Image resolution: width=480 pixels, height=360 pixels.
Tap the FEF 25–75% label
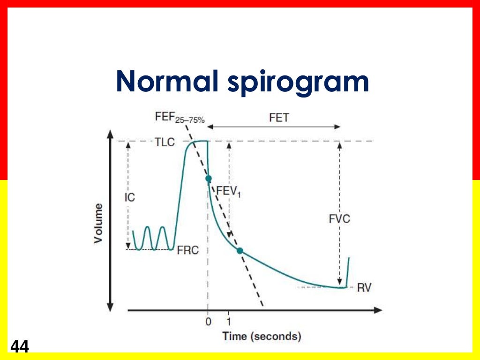(x=180, y=118)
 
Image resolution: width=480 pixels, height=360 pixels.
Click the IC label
(x=129, y=197)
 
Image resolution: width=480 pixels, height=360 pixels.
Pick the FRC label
(x=188, y=250)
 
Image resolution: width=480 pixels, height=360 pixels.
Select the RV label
(x=364, y=287)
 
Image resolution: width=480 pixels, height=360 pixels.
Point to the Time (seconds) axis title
(x=262, y=336)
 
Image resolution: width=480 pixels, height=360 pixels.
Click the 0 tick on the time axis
(x=208, y=322)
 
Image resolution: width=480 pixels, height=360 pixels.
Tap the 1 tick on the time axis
(x=228, y=322)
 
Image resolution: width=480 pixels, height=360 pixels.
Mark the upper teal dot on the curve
(x=208, y=178)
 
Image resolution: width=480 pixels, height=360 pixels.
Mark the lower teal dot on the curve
(x=240, y=251)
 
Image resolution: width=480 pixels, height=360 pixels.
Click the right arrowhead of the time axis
(x=379, y=310)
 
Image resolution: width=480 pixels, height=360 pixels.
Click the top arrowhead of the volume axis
(x=110, y=134)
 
